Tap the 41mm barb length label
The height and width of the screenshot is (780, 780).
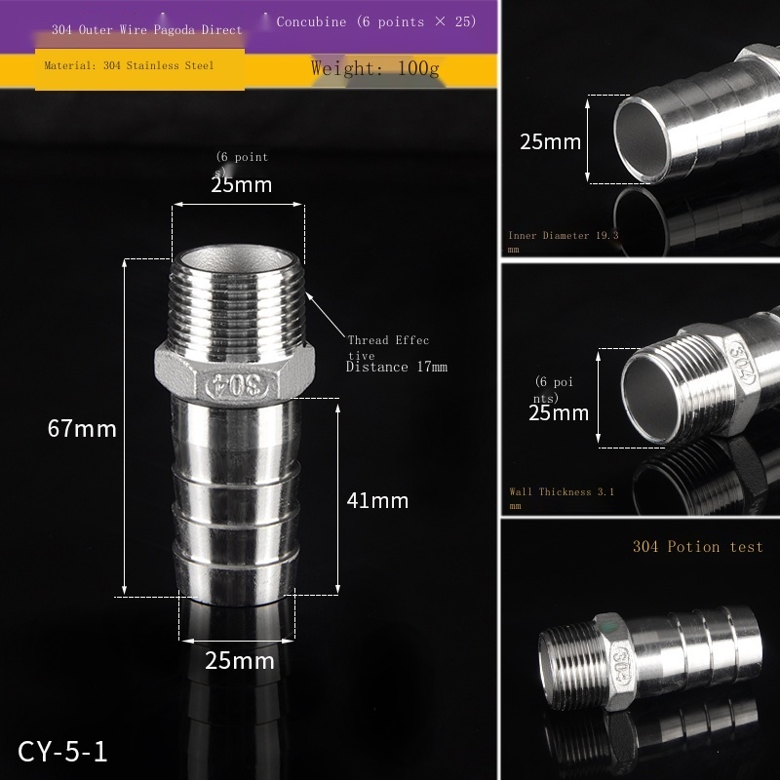click(x=377, y=501)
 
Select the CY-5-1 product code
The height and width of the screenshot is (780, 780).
click(x=62, y=752)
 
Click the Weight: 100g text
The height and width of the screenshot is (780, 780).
click(x=375, y=68)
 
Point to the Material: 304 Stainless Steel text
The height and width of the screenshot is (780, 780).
click(x=129, y=65)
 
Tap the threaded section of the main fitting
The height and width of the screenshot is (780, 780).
click(x=238, y=302)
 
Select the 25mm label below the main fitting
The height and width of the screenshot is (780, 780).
click(x=240, y=661)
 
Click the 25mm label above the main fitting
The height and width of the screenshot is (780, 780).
click(x=241, y=184)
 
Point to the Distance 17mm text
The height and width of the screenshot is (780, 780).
click(x=396, y=368)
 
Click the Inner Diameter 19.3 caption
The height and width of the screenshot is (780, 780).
click(x=563, y=235)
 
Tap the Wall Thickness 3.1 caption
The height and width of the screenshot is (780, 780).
click(x=562, y=492)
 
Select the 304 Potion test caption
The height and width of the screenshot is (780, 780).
click(x=697, y=547)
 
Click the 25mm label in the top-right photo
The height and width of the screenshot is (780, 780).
click(x=550, y=142)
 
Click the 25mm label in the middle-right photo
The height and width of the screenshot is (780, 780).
click(x=559, y=412)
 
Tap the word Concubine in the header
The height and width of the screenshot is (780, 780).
click(x=311, y=21)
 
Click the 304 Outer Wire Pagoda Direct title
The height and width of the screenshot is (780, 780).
click(x=146, y=30)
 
